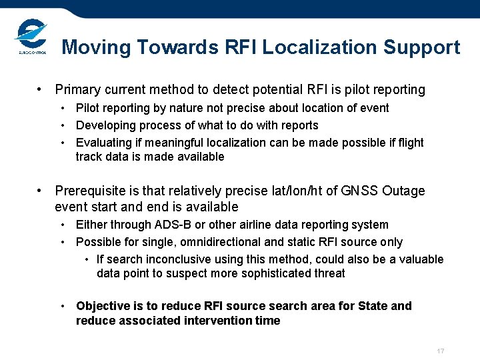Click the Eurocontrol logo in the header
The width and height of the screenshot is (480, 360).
30,37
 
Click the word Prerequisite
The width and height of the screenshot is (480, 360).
87,191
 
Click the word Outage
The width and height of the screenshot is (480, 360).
403,191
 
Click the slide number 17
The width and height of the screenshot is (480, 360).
440,351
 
